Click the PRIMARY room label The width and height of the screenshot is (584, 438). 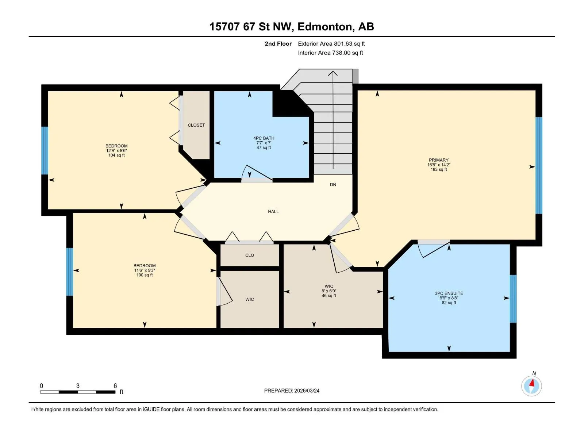tap(438, 160)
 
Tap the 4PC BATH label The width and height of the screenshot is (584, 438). tap(264, 138)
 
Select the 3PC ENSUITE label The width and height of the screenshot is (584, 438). tap(449, 293)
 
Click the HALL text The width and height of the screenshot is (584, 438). tap(273, 211)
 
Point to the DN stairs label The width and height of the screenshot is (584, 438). tap(333, 184)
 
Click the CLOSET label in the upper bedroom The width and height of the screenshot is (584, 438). tap(196, 125)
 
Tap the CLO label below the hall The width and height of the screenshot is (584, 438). tap(250, 255)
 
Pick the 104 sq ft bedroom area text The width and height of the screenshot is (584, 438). tap(116, 155)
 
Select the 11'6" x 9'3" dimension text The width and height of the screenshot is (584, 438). tap(145, 270)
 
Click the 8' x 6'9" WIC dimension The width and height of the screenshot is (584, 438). tap(329, 291)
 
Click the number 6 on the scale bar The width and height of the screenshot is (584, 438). tap(115, 385)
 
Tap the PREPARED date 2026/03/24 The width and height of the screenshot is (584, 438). tap(307, 391)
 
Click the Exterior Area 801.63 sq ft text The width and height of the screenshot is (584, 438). tap(331, 43)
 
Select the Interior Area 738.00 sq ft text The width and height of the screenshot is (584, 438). tap(330, 53)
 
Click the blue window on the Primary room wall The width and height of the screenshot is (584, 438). tap(538, 165)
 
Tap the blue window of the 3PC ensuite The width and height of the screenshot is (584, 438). tap(513, 299)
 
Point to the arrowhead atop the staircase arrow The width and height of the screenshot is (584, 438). tap(333, 73)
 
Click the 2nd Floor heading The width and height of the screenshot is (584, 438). tap(278, 43)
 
